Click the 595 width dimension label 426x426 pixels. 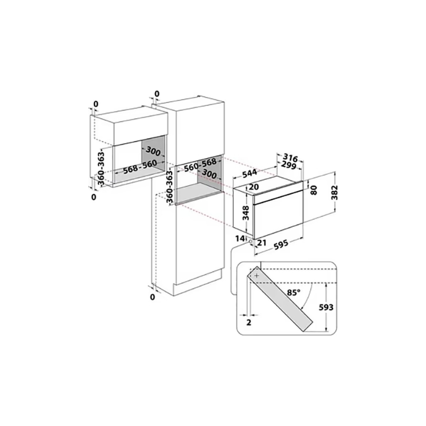[x=281, y=244]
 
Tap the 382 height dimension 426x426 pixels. [x=335, y=192]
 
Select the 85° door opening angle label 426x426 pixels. [x=294, y=292]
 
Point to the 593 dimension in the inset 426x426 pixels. [x=326, y=307]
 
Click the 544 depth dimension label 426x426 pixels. [x=249, y=174]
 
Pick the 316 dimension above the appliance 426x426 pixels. [x=290, y=157]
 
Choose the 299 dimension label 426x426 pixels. [x=289, y=165]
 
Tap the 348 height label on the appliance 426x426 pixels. [x=246, y=213]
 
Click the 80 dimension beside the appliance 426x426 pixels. [x=314, y=190]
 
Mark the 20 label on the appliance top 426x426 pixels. [x=254, y=187]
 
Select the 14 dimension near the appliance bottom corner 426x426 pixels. [x=240, y=238]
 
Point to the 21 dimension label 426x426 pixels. [x=261, y=243]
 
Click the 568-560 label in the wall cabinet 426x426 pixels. [x=140, y=166]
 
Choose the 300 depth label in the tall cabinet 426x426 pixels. [x=209, y=174]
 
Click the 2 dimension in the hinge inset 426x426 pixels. [x=249, y=322]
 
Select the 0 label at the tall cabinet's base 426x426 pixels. [x=152, y=297]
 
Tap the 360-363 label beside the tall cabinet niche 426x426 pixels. [x=169, y=187]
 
